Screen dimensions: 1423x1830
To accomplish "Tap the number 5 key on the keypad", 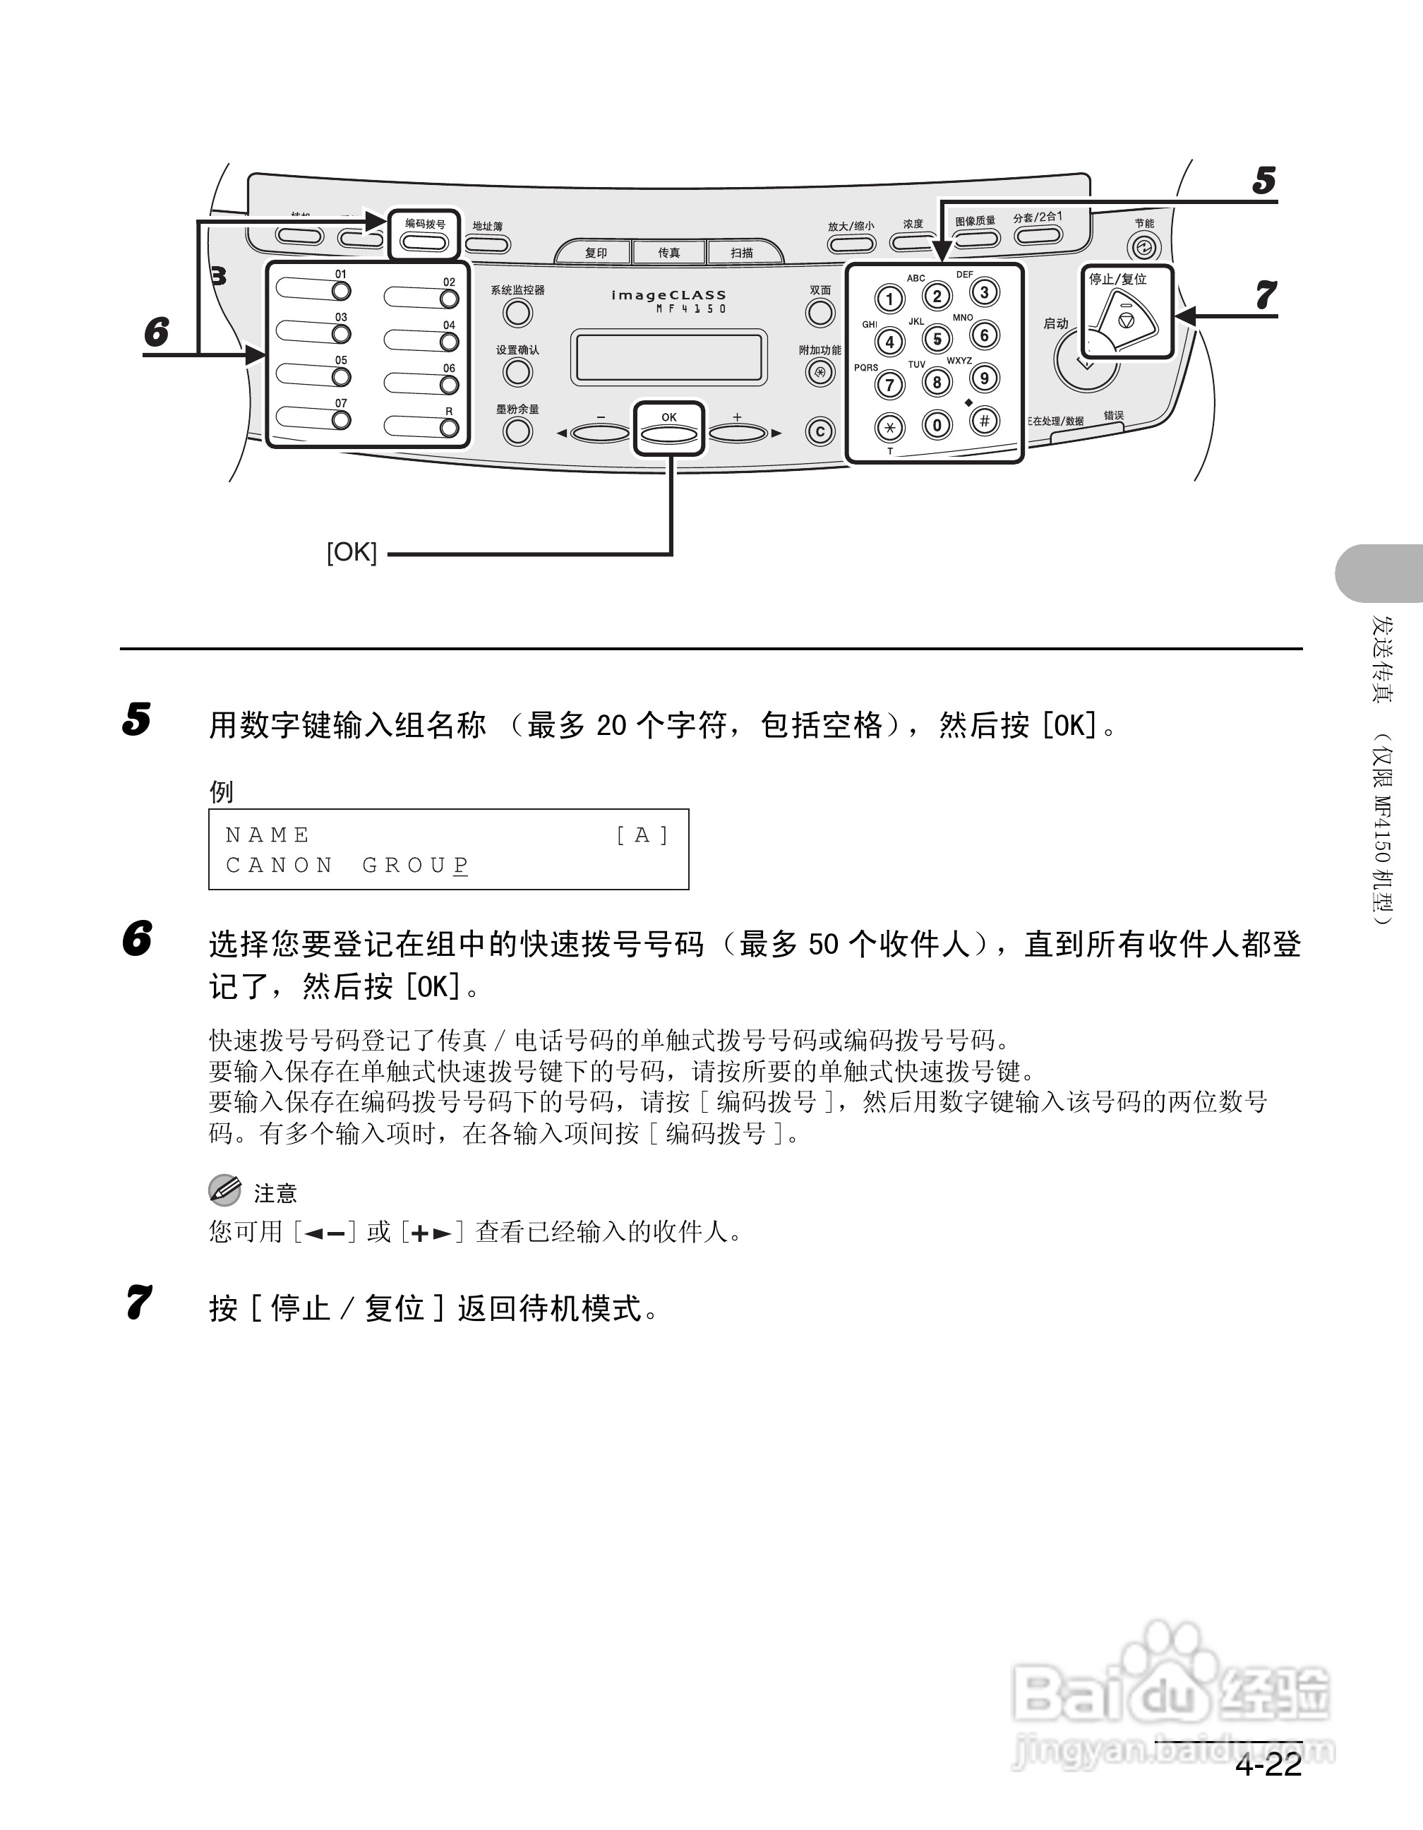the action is click(x=937, y=338).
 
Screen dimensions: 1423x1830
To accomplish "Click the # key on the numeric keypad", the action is click(x=984, y=421).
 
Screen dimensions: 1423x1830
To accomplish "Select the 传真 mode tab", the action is click(x=668, y=252).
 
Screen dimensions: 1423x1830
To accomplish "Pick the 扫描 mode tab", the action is click(x=741, y=252).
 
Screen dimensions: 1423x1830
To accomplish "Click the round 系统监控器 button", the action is click(x=517, y=313).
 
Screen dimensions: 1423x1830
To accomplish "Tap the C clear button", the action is click(x=820, y=431).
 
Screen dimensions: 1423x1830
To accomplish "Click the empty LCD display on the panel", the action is click(x=668, y=357).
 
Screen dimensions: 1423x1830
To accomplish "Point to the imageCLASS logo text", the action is click(x=668, y=295).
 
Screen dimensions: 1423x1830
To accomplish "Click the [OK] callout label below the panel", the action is click(x=352, y=552).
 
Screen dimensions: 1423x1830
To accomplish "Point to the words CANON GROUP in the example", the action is click(x=347, y=865).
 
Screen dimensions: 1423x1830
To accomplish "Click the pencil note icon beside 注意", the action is click(x=224, y=1190).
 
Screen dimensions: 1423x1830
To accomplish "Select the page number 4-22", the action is click(x=1268, y=1766).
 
